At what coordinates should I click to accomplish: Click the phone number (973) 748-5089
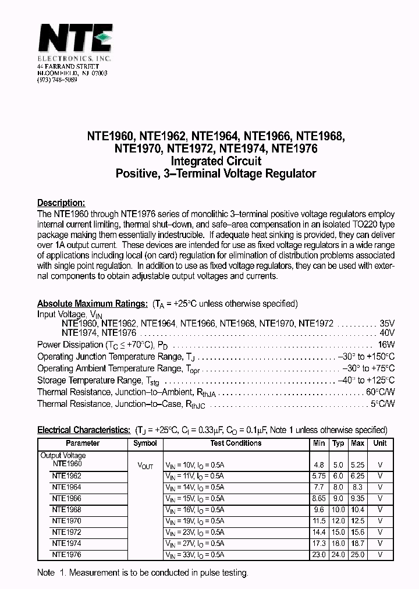pos(57,79)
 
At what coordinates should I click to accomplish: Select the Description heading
pos(61,203)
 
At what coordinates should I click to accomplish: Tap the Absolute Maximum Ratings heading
pos(92,304)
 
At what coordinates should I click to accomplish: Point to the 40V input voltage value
pos(387,333)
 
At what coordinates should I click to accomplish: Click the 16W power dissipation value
pos(387,345)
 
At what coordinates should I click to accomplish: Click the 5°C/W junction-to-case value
pos(382,403)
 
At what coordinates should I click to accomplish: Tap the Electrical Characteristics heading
pos(84,430)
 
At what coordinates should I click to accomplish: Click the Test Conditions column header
pos(236,443)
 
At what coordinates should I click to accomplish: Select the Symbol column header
pos(145,443)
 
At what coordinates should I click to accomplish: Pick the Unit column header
pos(380,443)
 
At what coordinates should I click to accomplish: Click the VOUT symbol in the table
pos(145,466)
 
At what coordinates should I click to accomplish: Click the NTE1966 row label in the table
pos(66,498)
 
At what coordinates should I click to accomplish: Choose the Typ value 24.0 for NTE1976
pos(338,555)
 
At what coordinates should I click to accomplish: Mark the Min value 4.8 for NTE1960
pos(319,465)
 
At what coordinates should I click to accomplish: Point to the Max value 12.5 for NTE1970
pos(357,521)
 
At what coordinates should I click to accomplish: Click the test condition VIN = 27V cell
pos(194,544)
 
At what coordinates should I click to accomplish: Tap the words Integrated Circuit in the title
pos(215,161)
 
